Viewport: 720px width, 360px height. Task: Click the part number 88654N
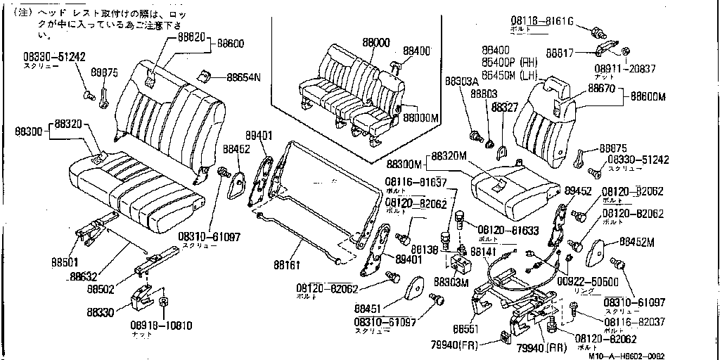coord(243,77)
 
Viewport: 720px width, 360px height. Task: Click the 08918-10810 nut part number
coord(160,326)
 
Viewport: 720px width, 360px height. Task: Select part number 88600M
coord(648,96)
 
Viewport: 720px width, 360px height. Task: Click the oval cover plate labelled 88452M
coord(599,251)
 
